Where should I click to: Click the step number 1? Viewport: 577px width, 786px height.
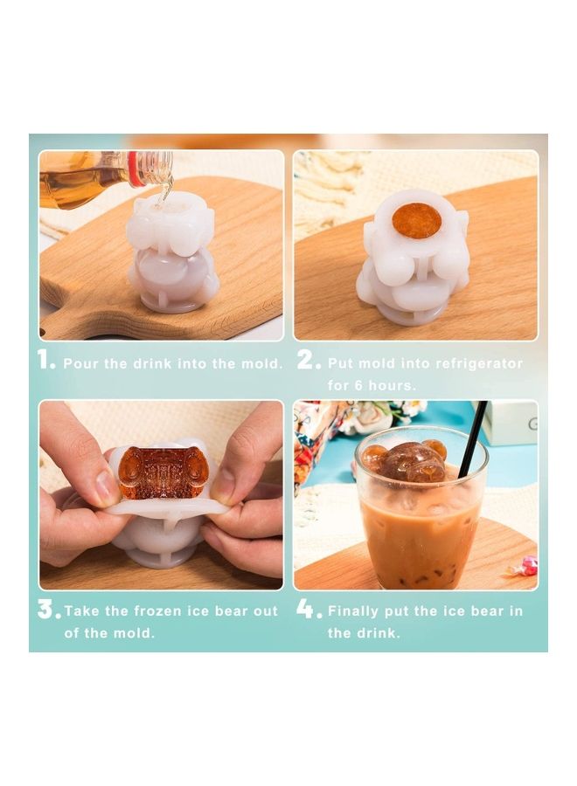tap(44, 360)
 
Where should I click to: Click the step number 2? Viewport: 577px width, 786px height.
tap(307, 360)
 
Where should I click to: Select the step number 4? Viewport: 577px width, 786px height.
tap(307, 609)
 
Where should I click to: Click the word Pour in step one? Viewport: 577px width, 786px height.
tap(80, 363)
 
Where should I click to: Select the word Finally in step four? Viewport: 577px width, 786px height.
tap(357, 611)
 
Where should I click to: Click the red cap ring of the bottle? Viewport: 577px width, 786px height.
tap(134, 169)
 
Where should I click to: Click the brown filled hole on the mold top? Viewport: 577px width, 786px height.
tap(416, 220)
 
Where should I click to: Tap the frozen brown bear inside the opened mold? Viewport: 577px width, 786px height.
tap(163, 474)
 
